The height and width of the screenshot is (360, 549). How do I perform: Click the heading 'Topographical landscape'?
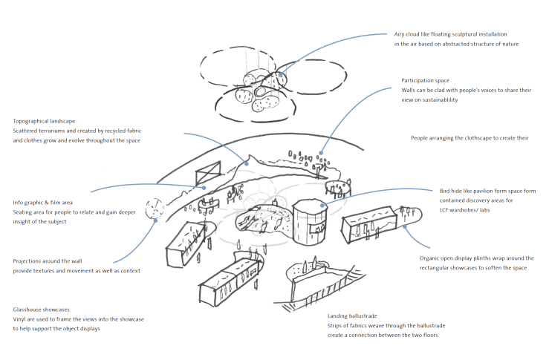[45, 120]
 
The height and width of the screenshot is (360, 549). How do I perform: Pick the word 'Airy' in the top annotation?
[402, 35]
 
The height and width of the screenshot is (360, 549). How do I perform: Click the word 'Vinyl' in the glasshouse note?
[22, 318]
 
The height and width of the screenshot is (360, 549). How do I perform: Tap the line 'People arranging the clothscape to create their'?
[469, 138]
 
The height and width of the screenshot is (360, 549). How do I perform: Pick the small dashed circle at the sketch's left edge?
[154, 209]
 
